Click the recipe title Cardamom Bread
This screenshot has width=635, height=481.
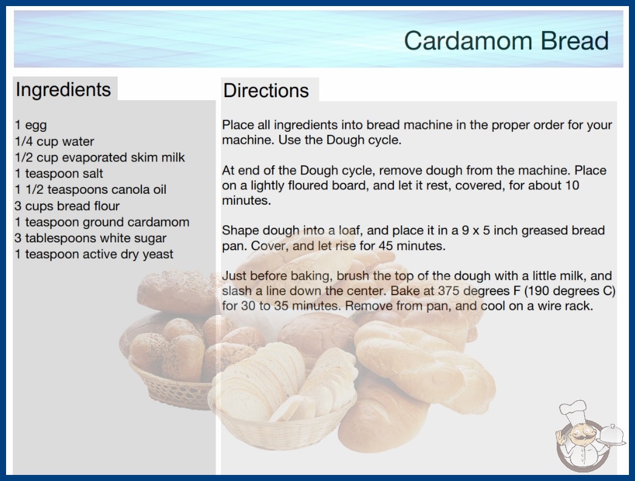[506, 41]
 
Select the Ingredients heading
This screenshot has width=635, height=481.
[63, 89]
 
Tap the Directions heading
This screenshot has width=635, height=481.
[266, 90]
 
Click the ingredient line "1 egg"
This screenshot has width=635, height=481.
[31, 125]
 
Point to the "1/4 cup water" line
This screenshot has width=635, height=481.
[54, 142]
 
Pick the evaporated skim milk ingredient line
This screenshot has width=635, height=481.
[100, 157]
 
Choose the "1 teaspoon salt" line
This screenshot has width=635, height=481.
[59, 174]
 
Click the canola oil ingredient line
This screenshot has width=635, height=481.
[90, 189]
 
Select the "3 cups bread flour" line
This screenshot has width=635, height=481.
[67, 206]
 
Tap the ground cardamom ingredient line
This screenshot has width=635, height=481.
[102, 222]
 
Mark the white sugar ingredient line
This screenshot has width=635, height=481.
[90, 238]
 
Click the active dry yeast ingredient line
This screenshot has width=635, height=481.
[94, 254]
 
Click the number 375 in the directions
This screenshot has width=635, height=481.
[448, 291]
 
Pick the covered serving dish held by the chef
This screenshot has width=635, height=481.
[612, 435]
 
